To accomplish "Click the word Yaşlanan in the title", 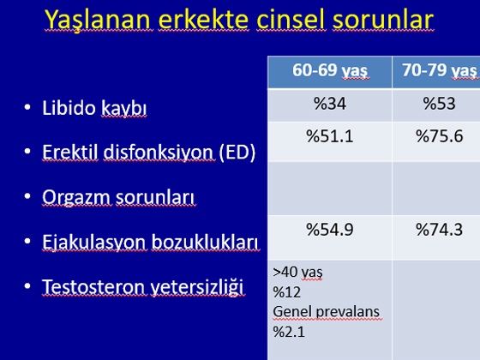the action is (98, 20).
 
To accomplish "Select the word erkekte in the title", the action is (204, 20).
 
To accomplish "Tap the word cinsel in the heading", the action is (291, 20).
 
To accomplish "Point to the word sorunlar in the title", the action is (383, 20).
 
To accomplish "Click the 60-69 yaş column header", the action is (330, 70).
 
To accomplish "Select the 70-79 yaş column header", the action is (440, 70).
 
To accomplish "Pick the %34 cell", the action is (330, 104).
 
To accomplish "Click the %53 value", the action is (439, 104).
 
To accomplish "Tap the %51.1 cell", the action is (330, 136).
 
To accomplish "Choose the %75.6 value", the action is (439, 136).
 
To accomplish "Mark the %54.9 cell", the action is (330, 230).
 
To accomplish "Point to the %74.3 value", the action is (439, 230).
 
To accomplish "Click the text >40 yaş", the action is (297, 273).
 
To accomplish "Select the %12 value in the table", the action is (286, 292).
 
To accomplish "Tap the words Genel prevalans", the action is (327, 312).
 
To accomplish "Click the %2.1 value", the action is (289, 332).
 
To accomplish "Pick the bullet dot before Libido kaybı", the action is (27, 107).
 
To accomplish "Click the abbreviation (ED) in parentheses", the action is (237, 153).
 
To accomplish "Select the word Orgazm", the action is (76, 197).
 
